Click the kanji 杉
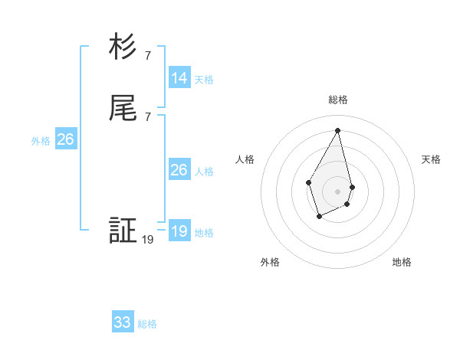tap(123, 47)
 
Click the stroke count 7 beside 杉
tap(147, 55)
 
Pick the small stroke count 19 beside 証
tap(148, 239)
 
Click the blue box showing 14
tap(179, 78)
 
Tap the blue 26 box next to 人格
tap(179, 170)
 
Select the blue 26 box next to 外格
tap(65, 139)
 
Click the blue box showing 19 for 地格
tap(179, 231)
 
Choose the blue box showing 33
tap(123, 322)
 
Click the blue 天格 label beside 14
tap(204, 80)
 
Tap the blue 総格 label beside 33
tap(147, 324)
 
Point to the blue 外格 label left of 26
tap(41, 141)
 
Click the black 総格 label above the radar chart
tap(338, 100)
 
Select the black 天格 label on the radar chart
tap(431, 159)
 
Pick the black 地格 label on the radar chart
tap(402, 262)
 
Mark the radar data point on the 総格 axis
tap(338, 130)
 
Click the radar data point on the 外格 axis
tap(320, 217)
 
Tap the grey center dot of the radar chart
tap(338, 191)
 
